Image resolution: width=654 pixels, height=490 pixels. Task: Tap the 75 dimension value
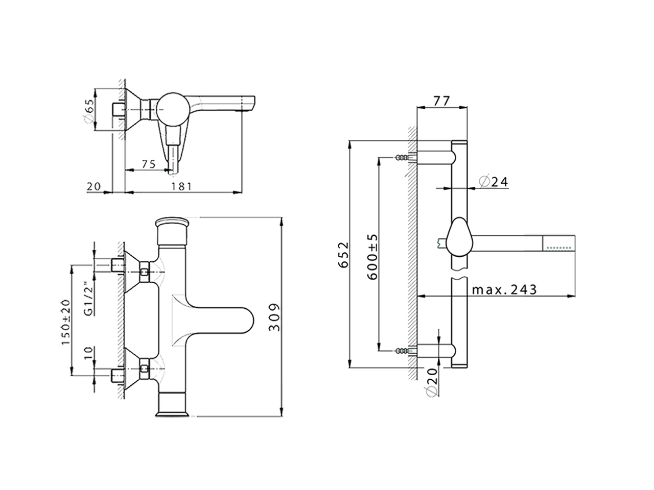148,164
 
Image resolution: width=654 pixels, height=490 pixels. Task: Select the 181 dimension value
181,186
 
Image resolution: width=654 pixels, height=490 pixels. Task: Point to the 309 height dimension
274,317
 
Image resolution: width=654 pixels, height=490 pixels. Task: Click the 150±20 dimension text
66,322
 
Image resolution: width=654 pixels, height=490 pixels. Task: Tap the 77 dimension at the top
441,101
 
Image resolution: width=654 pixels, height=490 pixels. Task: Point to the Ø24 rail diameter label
494,182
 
